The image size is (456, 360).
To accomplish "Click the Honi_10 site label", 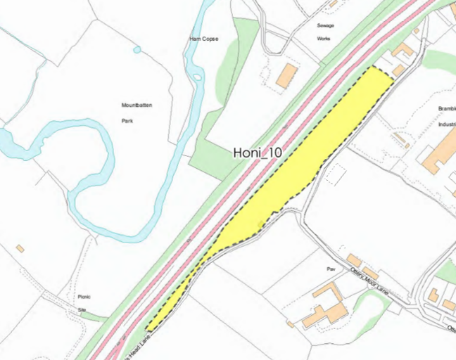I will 256,153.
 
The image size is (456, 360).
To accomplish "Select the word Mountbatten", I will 137,105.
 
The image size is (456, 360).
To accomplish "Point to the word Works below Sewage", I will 324,39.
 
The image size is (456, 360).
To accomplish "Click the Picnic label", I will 85,297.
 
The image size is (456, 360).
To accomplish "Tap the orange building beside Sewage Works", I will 286,75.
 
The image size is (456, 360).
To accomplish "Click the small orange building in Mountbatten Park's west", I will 20,249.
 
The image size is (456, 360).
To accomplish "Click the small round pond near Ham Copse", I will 137,49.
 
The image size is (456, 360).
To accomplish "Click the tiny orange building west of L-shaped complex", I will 290,324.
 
